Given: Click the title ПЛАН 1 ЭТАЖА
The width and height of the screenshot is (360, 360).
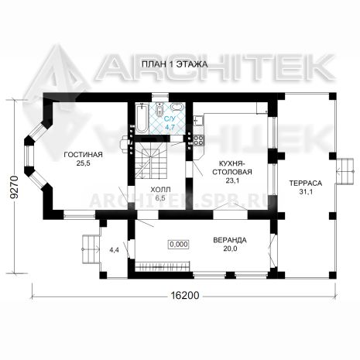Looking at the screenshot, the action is point(174,64).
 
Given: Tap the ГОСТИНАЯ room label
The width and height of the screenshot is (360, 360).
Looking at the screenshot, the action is point(83,155).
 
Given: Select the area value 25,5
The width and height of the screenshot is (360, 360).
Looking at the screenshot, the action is point(83,163).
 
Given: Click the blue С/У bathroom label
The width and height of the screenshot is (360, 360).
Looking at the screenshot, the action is point(170,119).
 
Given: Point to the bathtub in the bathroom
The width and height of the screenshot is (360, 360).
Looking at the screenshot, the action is point(141,118).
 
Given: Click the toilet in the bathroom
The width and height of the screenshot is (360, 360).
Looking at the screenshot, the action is point(159,110).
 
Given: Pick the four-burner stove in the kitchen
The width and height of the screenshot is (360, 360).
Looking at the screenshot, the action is point(199,140).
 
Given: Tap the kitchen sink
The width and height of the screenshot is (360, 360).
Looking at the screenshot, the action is point(199,120).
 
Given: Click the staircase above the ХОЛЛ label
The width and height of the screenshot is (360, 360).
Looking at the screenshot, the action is point(152,160).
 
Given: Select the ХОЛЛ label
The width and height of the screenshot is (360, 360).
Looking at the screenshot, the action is point(160,190).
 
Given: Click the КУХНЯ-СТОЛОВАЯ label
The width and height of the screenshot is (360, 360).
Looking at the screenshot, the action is point(232,168).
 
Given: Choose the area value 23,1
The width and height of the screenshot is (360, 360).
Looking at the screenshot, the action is point(232,180).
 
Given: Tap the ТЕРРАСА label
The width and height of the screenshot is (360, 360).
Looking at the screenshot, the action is point(306,183).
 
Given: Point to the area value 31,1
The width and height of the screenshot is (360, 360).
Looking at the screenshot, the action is point(306,192).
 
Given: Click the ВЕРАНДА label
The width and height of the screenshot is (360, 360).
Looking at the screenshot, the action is point(230,240).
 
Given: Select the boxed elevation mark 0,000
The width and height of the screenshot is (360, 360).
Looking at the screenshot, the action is point(179,244).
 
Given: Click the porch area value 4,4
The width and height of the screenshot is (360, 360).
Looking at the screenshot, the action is point(114,250).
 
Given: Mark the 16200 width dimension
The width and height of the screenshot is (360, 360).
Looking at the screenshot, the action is point(185,295).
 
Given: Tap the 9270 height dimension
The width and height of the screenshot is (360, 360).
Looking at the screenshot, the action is point(15,187).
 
